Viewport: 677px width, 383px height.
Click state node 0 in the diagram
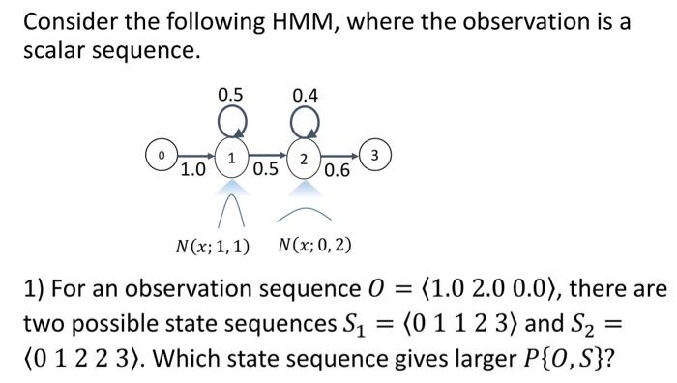coord(162,154)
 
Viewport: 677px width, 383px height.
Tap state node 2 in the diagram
coord(304,157)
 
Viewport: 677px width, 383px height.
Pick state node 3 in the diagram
coord(377,154)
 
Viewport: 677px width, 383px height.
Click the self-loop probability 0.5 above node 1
coord(230,95)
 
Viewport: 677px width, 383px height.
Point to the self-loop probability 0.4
coord(305,95)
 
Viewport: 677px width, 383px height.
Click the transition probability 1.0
coord(193,170)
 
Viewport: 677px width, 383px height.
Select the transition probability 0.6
coord(338,171)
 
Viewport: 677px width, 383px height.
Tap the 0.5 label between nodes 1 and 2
coord(266,170)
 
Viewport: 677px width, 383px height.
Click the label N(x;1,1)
coord(212,245)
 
